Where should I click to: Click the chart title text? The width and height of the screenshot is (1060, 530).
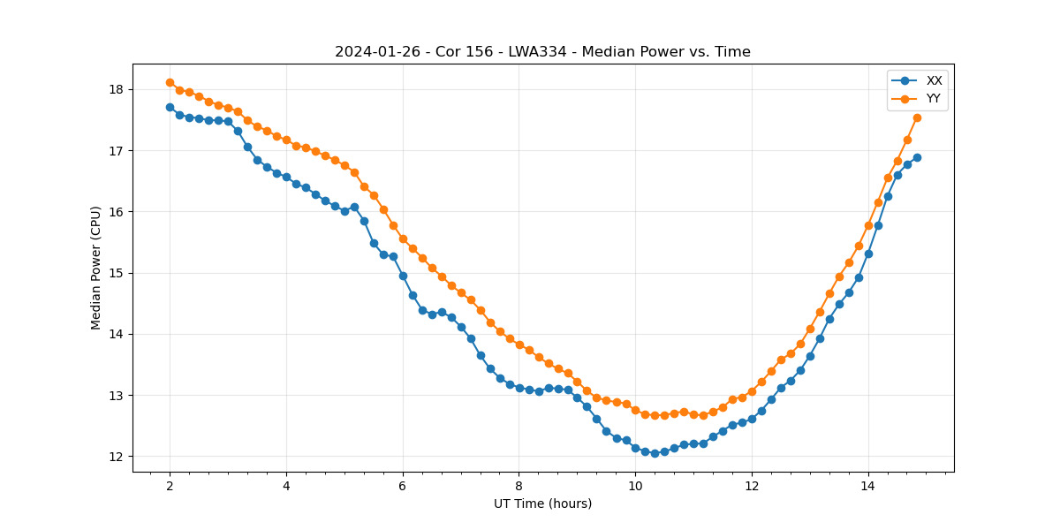click(x=542, y=52)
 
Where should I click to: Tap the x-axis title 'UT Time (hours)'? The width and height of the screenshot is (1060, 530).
click(x=542, y=503)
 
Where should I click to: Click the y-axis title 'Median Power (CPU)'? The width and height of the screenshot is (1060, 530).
click(x=96, y=268)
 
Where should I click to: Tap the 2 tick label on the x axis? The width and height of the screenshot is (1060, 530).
click(x=170, y=486)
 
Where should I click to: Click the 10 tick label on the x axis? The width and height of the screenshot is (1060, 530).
click(x=635, y=486)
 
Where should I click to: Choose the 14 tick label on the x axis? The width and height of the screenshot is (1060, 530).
click(x=867, y=486)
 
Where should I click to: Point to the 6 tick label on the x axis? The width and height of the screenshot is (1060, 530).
click(x=403, y=486)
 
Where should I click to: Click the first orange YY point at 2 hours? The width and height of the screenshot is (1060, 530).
click(x=170, y=82)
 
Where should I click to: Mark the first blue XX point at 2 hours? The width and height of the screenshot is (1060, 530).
click(x=170, y=107)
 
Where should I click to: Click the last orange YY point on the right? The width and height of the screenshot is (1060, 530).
click(x=917, y=117)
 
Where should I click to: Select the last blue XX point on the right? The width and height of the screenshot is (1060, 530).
click(x=917, y=157)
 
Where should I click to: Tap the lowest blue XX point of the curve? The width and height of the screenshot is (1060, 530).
click(x=655, y=453)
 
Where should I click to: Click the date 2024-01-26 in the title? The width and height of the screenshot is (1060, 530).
click(x=369, y=52)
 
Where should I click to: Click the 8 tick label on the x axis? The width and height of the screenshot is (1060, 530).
click(x=519, y=486)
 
